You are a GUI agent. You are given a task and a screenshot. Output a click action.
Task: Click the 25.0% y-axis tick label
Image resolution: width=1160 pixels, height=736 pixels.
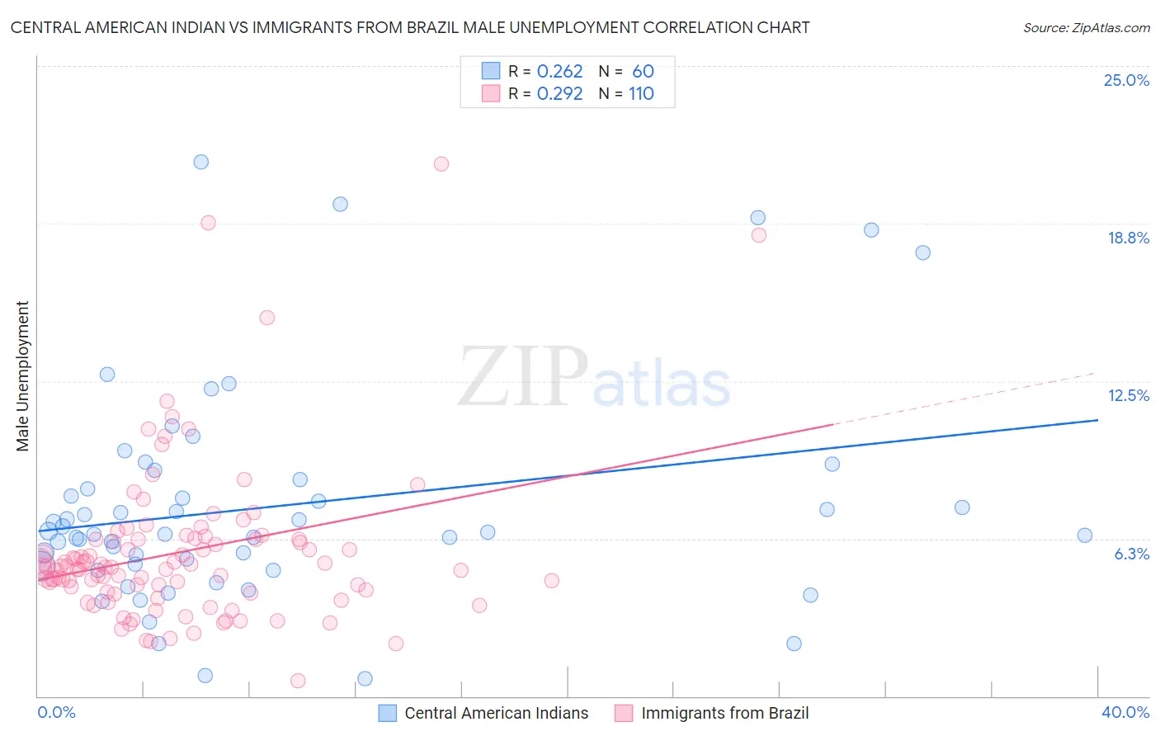pyautogui.click(x=1126, y=80)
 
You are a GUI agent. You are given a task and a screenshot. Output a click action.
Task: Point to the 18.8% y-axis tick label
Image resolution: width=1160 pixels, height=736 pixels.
pyautogui.click(x=1128, y=238)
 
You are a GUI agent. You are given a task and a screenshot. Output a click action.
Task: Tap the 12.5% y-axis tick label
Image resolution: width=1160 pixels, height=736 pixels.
pyautogui.click(x=1128, y=395)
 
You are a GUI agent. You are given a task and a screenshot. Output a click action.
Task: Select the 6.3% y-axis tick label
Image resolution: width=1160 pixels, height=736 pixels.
pyautogui.click(x=1131, y=554)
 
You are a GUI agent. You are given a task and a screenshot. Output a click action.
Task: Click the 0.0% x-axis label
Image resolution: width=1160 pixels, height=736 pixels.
pyautogui.click(x=56, y=712)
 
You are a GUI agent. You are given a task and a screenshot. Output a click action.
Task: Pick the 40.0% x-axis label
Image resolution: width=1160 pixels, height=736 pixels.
pyautogui.click(x=1125, y=712)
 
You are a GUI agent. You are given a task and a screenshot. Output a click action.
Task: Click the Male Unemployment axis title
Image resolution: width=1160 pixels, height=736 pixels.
pyautogui.click(x=22, y=376)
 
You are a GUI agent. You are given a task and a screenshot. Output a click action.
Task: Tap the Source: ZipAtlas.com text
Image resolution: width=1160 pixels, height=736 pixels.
pyautogui.click(x=1086, y=27)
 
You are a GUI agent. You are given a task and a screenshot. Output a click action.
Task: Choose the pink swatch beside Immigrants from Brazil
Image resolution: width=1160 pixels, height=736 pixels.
pyautogui.click(x=624, y=713)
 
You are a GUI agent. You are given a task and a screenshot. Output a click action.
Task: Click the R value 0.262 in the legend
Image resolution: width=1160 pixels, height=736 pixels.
pyautogui.click(x=559, y=72)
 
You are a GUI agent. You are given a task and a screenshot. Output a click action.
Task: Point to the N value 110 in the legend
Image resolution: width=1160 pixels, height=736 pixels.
pyautogui.click(x=641, y=94)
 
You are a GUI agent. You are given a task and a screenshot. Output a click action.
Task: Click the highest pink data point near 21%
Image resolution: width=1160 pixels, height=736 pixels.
pyautogui.click(x=441, y=164)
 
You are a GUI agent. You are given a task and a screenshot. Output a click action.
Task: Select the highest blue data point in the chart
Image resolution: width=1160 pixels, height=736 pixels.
pyautogui.click(x=201, y=162)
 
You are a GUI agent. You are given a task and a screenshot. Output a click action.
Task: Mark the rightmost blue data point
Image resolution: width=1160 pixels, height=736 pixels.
pyautogui.click(x=1085, y=535)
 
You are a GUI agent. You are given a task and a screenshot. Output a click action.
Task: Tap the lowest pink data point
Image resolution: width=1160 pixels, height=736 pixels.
pyautogui.click(x=298, y=681)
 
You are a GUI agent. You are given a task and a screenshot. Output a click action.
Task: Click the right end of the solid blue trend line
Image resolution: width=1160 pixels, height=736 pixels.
pyautogui.click(x=1097, y=420)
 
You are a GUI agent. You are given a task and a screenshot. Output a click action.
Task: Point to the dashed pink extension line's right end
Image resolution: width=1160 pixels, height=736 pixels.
pyautogui.click(x=1096, y=373)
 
